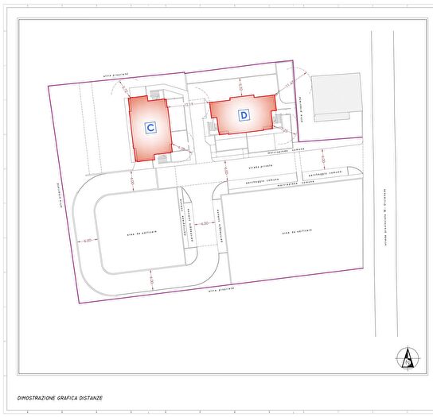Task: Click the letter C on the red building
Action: click(150, 126)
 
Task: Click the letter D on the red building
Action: click(243, 114)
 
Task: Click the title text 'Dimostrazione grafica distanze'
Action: click(60, 398)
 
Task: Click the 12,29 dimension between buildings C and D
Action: click(188, 105)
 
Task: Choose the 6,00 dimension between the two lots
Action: click(205, 223)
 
